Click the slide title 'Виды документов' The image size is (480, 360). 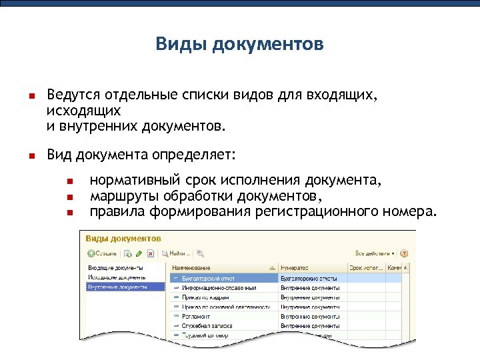point(239,44)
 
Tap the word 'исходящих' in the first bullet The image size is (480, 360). point(84,110)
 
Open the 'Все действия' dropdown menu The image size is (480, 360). point(375,253)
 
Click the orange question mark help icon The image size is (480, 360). point(404,253)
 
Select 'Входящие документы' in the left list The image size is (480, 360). point(115,267)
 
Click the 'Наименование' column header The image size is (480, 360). point(193,267)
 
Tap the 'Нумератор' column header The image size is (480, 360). point(295,267)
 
